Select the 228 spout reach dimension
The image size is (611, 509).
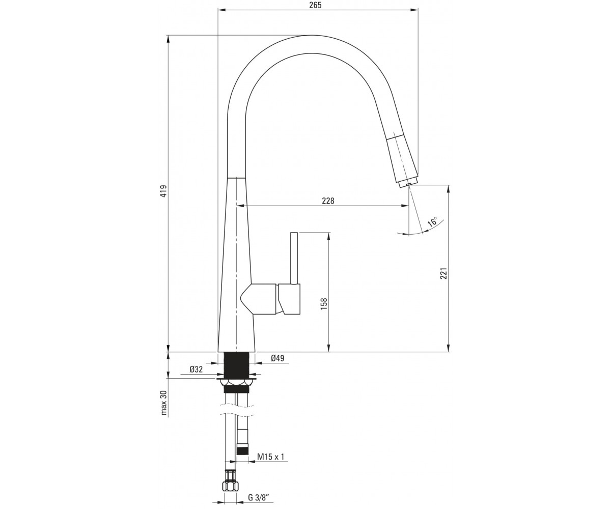(328, 201)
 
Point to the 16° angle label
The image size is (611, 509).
(432, 221)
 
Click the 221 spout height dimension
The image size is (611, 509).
(444, 273)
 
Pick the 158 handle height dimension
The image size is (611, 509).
(324, 304)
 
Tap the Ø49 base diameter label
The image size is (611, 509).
(277, 358)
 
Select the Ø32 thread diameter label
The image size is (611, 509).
(196, 369)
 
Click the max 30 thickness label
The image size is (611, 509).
(163, 403)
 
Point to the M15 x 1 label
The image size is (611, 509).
(271, 457)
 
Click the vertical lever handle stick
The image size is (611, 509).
(294, 258)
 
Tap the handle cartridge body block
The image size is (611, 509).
(289, 299)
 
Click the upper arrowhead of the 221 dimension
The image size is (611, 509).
(448, 188)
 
